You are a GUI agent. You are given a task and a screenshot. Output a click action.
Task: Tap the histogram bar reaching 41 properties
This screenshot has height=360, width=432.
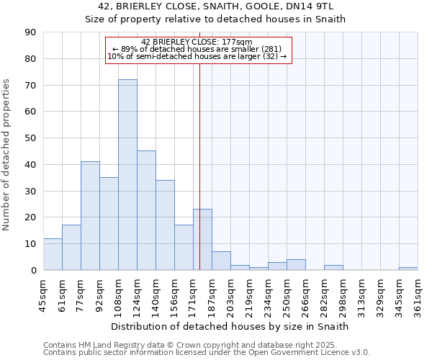tap(90, 216)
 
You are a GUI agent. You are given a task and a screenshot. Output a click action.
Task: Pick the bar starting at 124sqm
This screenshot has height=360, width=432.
tap(146, 210)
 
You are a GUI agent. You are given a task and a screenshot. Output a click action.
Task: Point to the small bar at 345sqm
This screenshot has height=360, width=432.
tap(408, 269)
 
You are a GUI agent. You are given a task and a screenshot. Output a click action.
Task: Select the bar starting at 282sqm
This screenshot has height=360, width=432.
tap(333, 267)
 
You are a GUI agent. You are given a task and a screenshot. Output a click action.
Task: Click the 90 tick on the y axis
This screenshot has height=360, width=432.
tap(30, 32)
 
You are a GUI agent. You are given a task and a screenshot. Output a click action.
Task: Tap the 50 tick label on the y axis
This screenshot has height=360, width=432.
tap(30, 138)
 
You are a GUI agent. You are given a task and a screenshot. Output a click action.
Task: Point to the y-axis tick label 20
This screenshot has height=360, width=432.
tap(30, 217)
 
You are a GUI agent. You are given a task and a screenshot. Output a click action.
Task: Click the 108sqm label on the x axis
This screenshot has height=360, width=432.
tap(118, 296)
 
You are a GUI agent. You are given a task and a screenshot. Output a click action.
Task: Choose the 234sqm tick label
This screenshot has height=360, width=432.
tap(268, 296)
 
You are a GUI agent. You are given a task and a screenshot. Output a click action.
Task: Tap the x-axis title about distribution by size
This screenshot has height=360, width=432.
tap(230, 326)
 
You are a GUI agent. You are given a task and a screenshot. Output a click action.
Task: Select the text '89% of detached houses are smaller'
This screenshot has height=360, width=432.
tap(197, 49)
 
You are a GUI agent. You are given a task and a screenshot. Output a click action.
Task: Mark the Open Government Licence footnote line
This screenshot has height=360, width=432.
tap(207, 353)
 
